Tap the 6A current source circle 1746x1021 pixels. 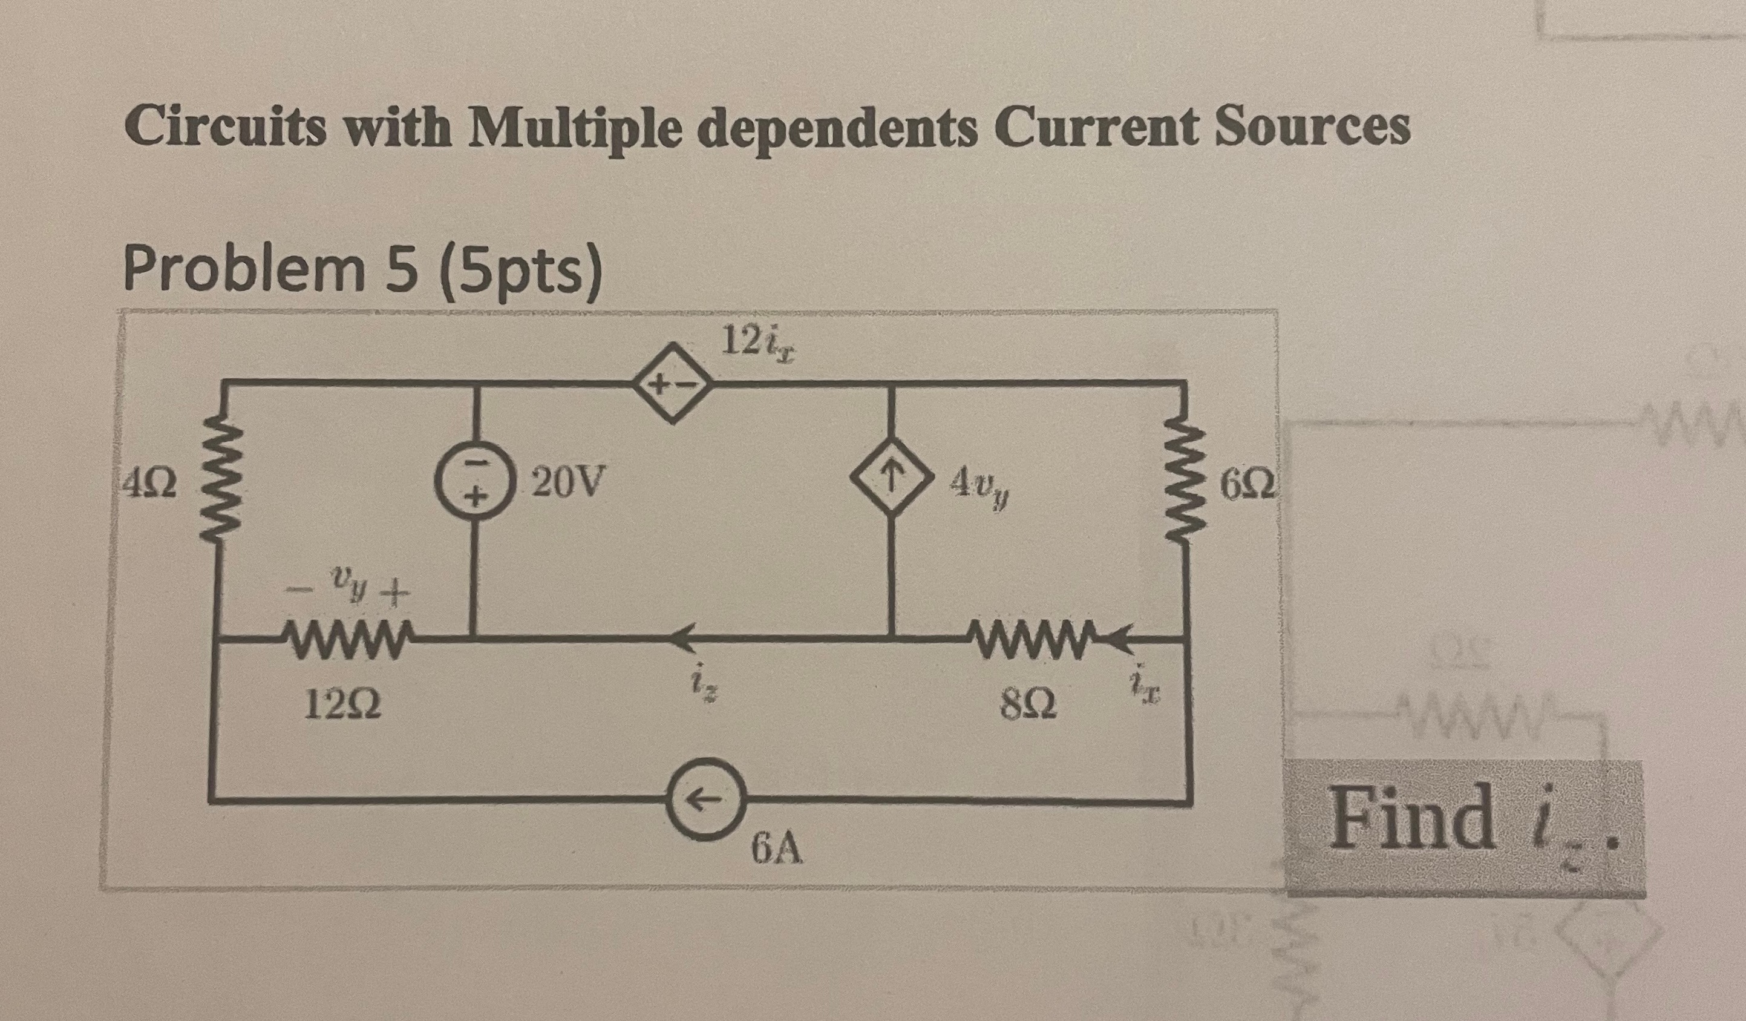(708, 800)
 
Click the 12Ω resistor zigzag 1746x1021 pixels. (344, 635)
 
